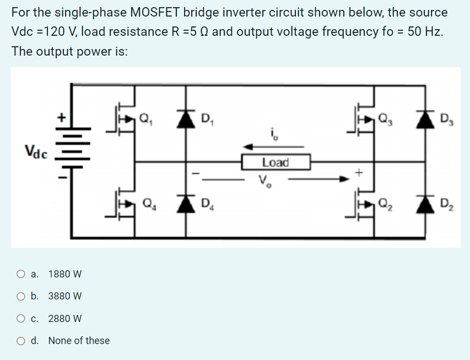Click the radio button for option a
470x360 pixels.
[20, 274]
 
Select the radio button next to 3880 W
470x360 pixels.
[20, 296]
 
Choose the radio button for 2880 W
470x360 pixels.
[20, 318]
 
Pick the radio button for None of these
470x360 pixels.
[20, 341]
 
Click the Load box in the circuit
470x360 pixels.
[275, 162]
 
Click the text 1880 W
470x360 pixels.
[65, 274]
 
